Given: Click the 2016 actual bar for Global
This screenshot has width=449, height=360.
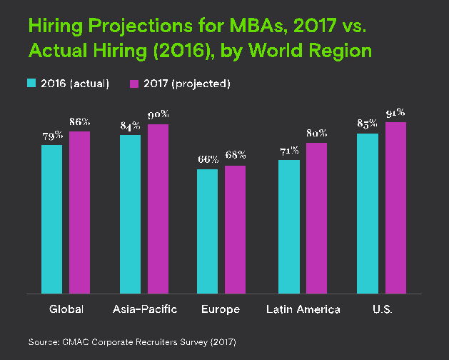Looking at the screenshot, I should [51, 219].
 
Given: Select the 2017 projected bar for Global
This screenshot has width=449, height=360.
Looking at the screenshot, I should [80, 212].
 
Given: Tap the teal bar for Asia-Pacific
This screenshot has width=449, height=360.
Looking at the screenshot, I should [130, 214].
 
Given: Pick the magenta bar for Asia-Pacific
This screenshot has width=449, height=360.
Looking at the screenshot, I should [158, 209].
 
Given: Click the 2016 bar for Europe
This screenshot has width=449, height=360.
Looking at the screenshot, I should [207, 231].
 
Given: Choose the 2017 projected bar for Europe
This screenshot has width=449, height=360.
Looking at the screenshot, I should [236, 229].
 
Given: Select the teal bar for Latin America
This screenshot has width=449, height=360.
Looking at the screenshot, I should [289, 226].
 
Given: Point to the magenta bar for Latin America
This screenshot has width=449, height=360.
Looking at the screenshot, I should [316, 218].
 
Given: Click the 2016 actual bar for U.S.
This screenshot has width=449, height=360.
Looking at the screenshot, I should [367, 213].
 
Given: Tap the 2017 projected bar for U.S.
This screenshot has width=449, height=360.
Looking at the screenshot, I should [395, 208].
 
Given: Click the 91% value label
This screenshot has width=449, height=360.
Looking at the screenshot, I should [395, 113].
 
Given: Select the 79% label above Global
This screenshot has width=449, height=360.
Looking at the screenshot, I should [51, 136].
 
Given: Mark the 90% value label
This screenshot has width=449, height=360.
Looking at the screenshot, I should [158, 115].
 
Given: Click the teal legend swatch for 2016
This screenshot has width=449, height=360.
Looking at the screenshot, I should [32, 84].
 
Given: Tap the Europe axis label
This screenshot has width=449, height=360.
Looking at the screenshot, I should [220, 309].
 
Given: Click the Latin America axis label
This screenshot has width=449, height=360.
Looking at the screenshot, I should [303, 309].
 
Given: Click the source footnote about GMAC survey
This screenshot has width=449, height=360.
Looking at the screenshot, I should [132, 343].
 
